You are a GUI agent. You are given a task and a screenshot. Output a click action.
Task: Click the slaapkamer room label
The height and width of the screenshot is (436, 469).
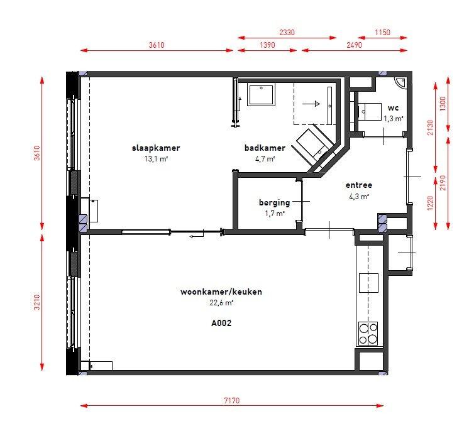click(x=156, y=148)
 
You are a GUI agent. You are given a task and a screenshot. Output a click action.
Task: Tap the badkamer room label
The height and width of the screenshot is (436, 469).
click(x=265, y=148)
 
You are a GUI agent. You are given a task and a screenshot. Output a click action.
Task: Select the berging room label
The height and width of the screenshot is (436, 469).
click(x=274, y=203)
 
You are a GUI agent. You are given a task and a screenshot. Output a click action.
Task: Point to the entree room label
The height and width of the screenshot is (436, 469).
click(x=359, y=185)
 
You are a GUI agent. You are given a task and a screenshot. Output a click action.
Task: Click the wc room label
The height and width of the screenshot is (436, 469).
click(x=393, y=108)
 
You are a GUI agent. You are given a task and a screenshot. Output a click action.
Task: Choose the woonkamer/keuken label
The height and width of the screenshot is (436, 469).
click(x=221, y=292)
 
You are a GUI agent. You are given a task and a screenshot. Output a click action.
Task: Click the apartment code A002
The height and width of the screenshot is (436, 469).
click(x=221, y=323)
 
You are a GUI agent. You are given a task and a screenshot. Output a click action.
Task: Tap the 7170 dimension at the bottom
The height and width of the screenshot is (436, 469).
click(x=232, y=400)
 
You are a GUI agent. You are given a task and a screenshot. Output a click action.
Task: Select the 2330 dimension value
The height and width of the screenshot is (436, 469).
click(x=287, y=32)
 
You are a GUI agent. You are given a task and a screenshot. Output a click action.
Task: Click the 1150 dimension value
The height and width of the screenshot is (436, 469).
click(x=383, y=32)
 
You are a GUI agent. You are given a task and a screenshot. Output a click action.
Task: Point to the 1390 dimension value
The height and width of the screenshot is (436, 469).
click(x=267, y=45)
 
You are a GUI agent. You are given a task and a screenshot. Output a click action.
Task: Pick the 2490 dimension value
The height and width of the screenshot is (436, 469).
click(x=354, y=45)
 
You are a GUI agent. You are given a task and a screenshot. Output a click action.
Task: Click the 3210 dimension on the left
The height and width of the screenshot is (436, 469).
click(x=37, y=302)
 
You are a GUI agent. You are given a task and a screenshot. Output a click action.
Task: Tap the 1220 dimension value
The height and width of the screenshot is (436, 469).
click(x=430, y=203)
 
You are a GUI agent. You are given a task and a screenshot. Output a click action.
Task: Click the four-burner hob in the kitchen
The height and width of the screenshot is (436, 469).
click(x=368, y=334)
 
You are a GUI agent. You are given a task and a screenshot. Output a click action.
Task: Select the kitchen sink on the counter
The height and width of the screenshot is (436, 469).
click(x=368, y=283)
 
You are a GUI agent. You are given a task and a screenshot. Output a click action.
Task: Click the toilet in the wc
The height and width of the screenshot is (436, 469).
click(x=370, y=112)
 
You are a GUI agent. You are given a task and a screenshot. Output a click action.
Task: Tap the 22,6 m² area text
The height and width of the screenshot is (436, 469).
click(x=221, y=303)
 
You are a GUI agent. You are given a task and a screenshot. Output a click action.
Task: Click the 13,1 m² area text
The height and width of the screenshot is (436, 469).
click(x=156, y=159)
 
